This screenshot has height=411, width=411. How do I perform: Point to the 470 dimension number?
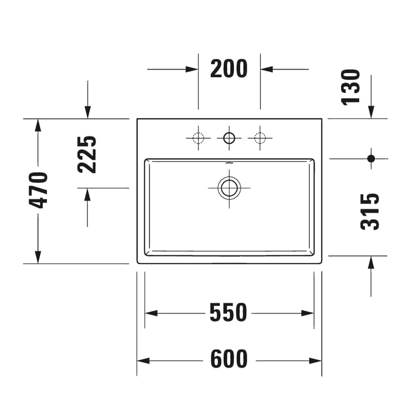38,190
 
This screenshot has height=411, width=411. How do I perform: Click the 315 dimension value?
370,212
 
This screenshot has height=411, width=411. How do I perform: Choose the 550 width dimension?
228,313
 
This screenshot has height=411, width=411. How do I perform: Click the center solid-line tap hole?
229,138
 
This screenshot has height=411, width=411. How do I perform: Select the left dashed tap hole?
198,138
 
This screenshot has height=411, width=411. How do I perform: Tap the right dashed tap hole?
260,138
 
